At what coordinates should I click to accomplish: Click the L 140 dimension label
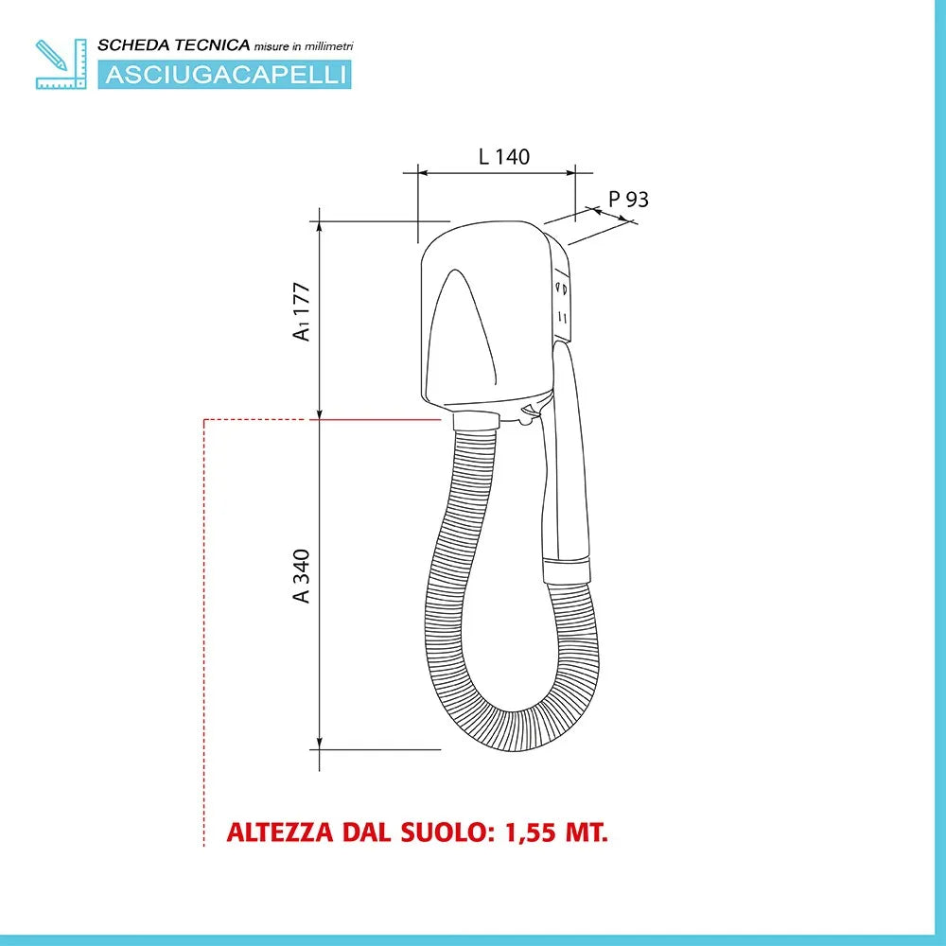point(504,157)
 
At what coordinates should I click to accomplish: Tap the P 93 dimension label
point(628,199)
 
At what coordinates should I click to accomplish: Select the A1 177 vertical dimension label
point(301,311)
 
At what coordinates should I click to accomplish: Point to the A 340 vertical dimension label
point(301,575)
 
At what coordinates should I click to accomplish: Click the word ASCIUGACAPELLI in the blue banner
point(225,75)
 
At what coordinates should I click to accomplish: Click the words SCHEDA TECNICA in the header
point(174,45)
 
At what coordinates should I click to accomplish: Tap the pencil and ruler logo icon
point(61,64)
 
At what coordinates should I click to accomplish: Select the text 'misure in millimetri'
point(304,46)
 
